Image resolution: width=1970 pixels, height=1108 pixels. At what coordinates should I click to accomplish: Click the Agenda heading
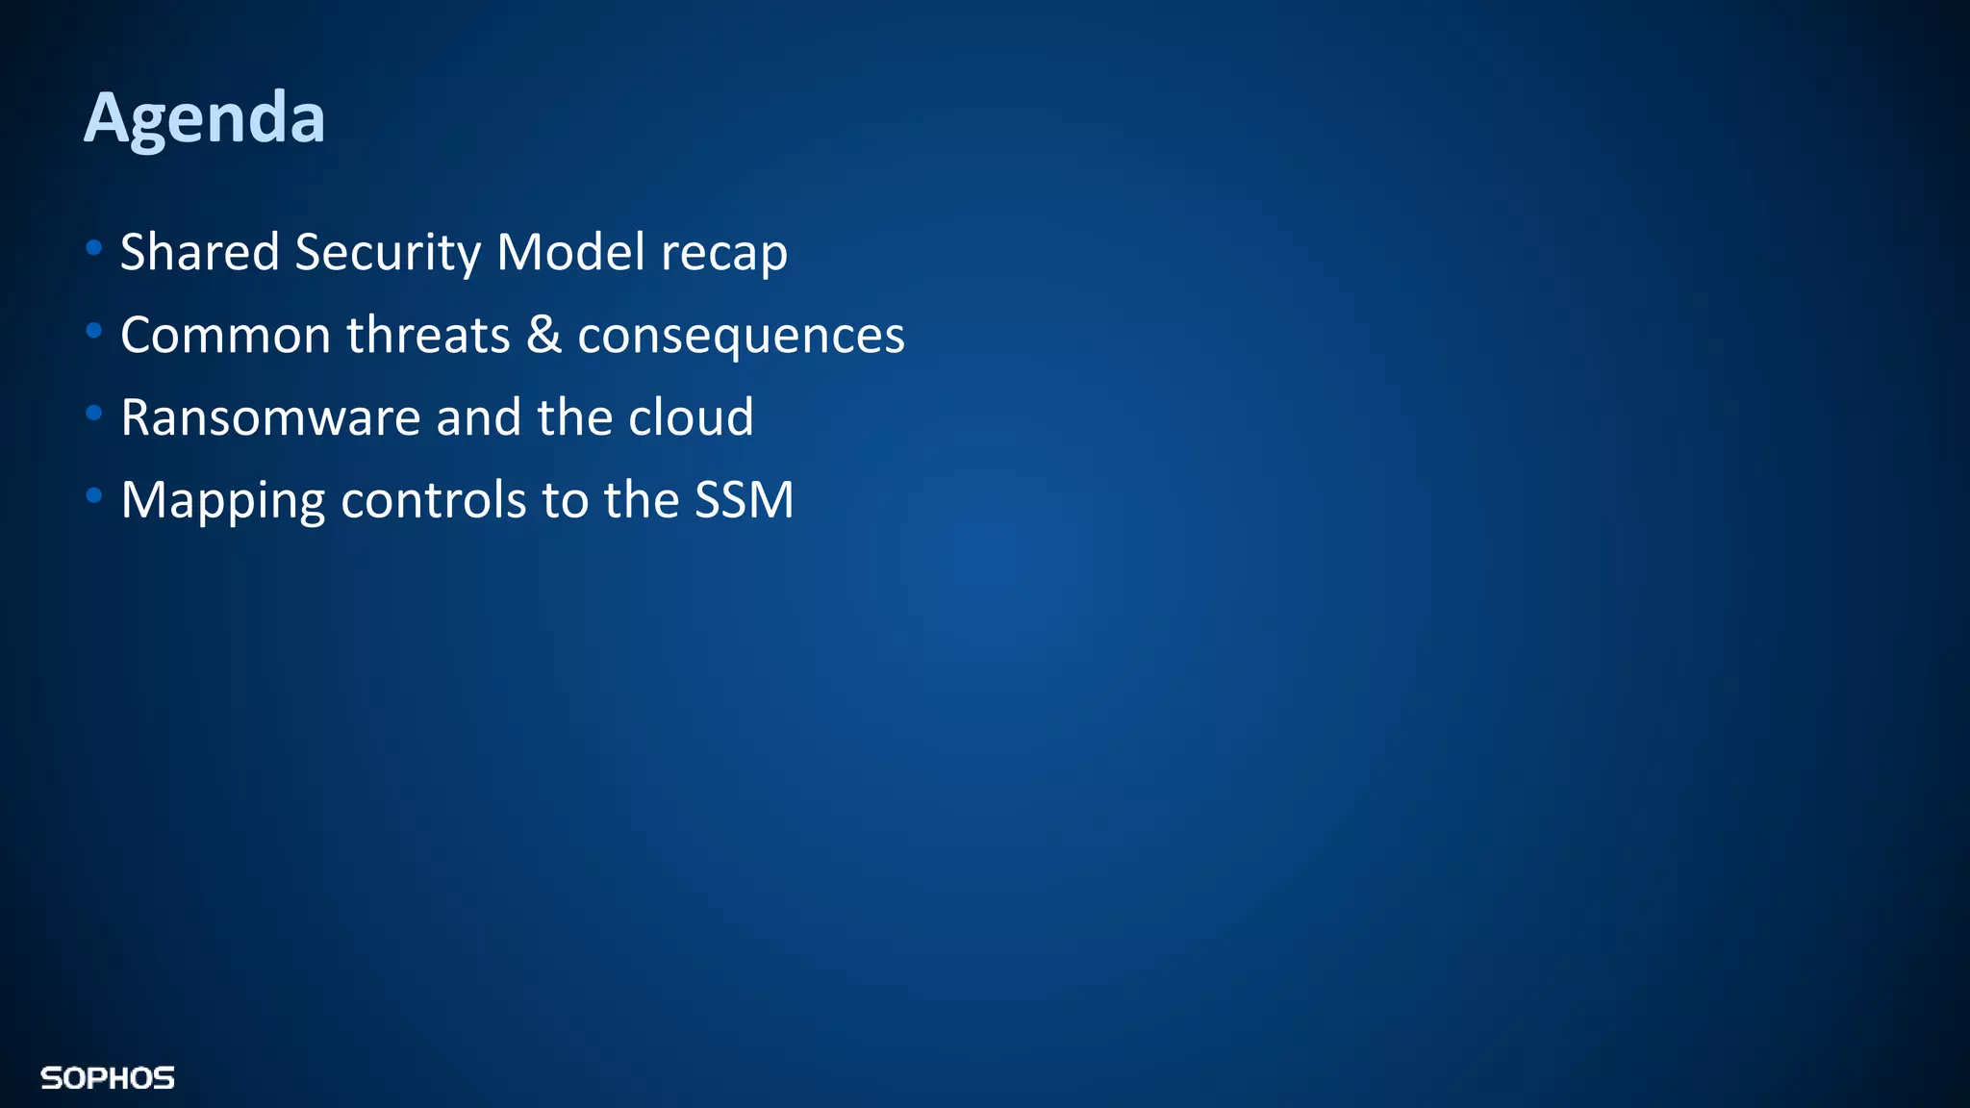pos(205,117)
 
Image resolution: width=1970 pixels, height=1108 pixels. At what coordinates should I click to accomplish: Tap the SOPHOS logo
pos(108,1078)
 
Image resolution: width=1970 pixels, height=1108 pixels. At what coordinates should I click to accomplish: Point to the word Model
pos(570,252)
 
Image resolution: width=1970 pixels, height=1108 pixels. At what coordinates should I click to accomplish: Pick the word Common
pos(226,336)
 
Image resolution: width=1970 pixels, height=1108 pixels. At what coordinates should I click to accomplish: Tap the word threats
pos(428,335)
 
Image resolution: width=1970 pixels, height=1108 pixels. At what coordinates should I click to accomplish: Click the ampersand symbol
pos(543,335)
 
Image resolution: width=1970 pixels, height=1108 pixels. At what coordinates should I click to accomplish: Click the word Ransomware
pos(271,418)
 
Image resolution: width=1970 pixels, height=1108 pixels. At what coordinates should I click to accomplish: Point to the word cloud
pos(691,417)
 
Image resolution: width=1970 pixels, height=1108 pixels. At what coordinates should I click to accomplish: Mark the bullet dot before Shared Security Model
pos(93,248)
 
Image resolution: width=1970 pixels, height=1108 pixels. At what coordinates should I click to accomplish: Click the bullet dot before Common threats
pos(93,331)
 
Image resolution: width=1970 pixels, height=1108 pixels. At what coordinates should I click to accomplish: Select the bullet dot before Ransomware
pos(93,414)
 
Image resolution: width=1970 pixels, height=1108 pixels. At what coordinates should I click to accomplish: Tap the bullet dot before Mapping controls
pos(93,496)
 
